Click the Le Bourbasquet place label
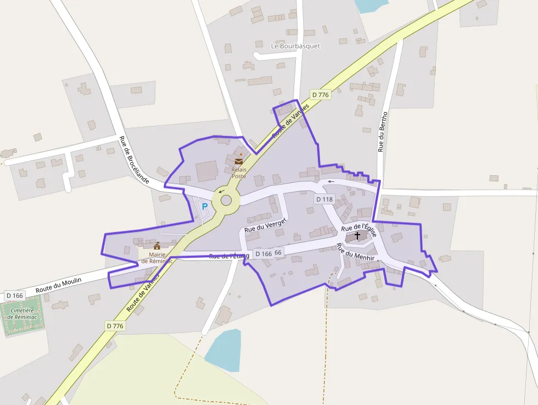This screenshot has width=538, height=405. tap(295, 46)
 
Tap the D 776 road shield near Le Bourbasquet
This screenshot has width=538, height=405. tap(320, 95)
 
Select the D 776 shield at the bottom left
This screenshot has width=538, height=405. tap(115, 326)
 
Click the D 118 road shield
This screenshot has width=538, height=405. tap(324, 199)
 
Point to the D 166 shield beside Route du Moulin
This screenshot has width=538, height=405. tap(15, 296)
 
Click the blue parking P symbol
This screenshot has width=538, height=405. tap(205, 207)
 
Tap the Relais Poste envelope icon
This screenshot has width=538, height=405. tap(239, 162)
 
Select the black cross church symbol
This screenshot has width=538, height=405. tap(357, 235)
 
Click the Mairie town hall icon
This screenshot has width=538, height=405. tap(157, 246)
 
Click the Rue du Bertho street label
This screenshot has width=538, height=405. tap(382, 132)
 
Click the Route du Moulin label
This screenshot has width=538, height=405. tap(58, 285)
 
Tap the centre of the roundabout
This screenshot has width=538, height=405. tap(226, 201)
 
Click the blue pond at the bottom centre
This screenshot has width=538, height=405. tap(225, 350)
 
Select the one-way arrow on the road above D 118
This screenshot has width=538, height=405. tap(330, 181)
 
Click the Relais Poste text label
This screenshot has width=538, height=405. tap(239, 173)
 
